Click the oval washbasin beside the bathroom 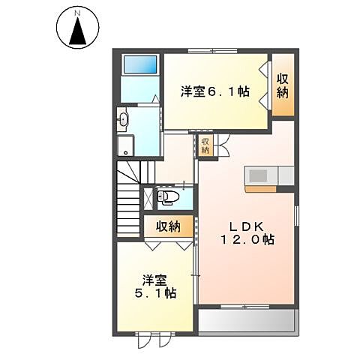coord(124,118)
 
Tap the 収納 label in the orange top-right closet coord(283,85)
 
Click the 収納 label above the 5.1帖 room coord(169,225)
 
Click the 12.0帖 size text coord(247,241)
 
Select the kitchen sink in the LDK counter coord(259,175)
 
